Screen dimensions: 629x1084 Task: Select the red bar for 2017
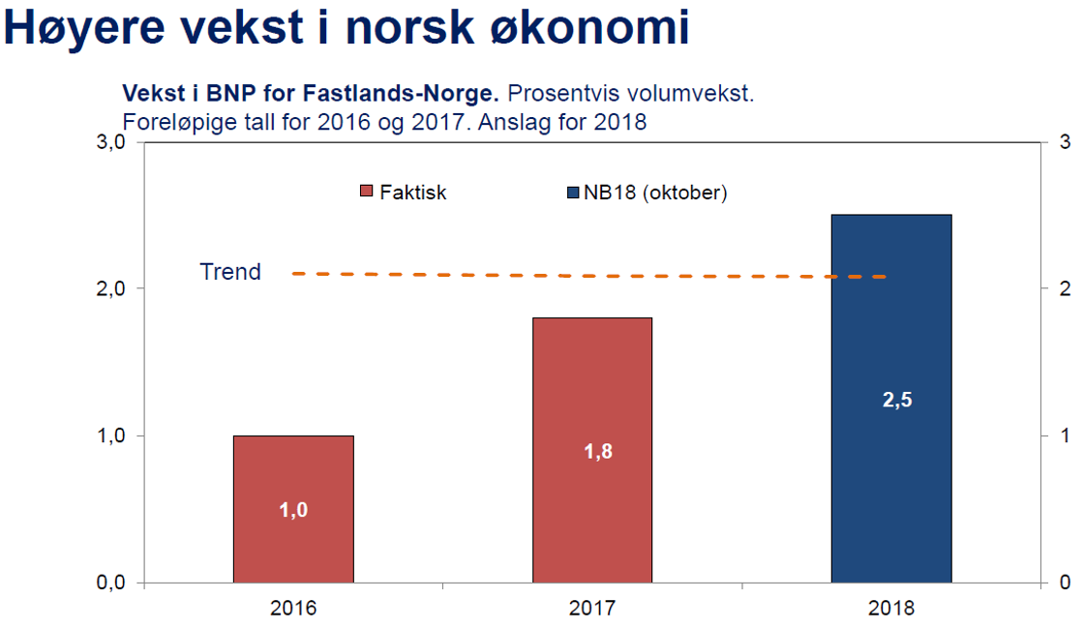[592, 503]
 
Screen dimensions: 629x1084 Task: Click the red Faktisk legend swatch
[366, 192]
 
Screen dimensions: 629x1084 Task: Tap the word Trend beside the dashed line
[230, 272]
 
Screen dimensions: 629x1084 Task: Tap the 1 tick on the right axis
[1064, 435]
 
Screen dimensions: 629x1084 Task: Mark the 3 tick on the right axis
[1064, 142]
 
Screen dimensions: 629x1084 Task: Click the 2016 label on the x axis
[293, 609]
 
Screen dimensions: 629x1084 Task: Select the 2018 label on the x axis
[891, 609]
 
